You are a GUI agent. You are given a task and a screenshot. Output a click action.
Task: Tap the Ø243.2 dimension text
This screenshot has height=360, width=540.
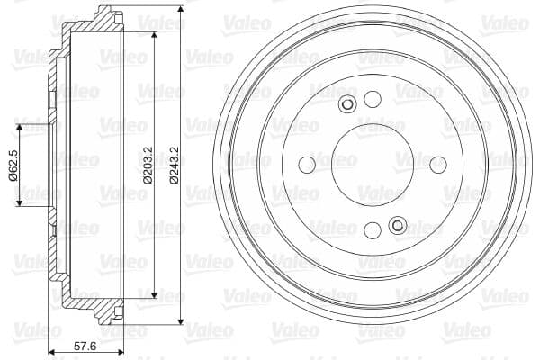[x=174, y=165]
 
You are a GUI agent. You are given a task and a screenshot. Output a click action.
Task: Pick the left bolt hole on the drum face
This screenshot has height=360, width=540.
[x=306, y=165]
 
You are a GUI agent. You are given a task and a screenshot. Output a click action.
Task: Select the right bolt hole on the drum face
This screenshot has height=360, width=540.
[x=438, y=165]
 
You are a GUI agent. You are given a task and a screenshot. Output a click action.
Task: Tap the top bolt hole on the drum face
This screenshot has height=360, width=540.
[x=372, y=99]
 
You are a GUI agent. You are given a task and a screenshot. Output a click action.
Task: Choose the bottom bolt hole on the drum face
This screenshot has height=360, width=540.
[x=372, y=231]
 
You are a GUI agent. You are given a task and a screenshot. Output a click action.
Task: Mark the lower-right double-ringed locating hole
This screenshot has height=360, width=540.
[x=396, y=225]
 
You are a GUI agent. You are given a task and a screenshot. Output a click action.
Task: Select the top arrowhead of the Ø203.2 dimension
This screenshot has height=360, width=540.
[x=157, y=36]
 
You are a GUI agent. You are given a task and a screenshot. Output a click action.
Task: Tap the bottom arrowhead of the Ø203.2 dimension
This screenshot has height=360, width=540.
[x=157, y=293]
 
